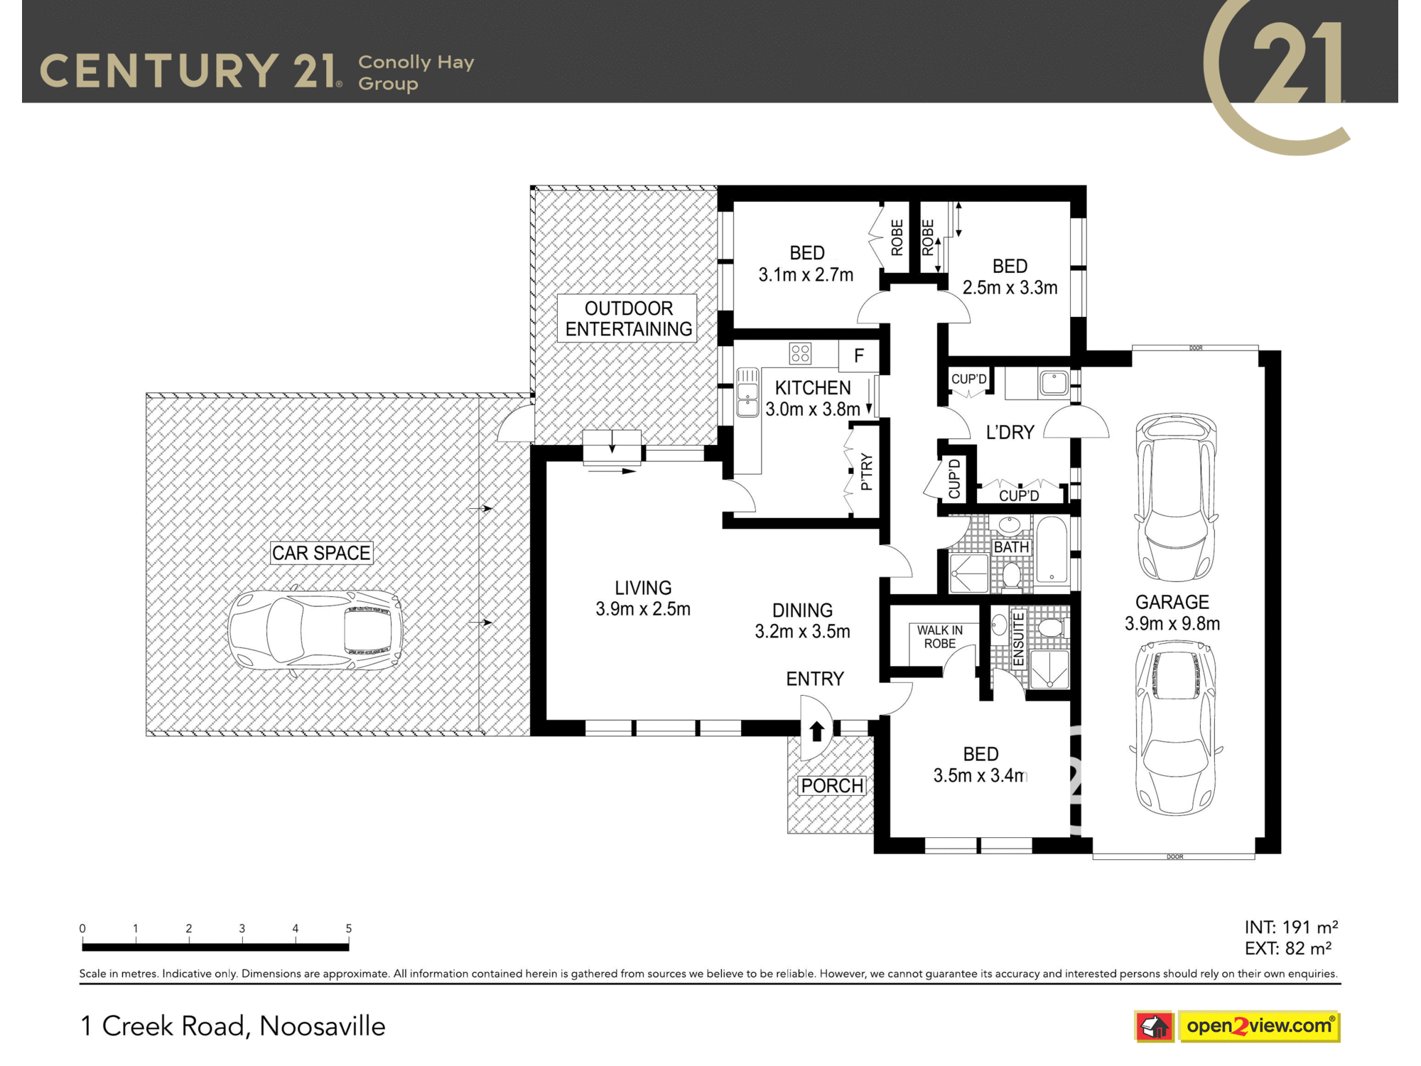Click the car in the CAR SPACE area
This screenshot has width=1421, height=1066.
315,630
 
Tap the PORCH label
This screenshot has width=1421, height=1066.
832,785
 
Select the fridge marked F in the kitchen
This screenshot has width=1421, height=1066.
858,355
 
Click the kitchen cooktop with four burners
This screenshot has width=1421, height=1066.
801,352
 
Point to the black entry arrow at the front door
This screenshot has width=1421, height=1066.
816,731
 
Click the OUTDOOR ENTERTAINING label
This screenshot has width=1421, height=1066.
628,318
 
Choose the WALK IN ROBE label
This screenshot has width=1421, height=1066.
939,637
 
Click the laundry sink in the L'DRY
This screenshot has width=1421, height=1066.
1054,383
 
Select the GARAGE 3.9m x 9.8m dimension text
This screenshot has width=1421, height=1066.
1172,613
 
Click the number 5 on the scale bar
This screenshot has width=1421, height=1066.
348,928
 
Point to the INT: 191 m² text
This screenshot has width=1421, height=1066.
1291,927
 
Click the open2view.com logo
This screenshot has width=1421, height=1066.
1237,1026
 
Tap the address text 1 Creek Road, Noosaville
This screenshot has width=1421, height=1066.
232,1026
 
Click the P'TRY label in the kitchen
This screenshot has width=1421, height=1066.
865,472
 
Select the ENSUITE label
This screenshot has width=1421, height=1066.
1018,639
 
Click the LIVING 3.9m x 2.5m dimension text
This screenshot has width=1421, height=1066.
643,598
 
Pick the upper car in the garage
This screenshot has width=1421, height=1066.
1176,497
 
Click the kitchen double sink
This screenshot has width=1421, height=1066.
747,392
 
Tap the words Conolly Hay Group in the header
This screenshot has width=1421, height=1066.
416,72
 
